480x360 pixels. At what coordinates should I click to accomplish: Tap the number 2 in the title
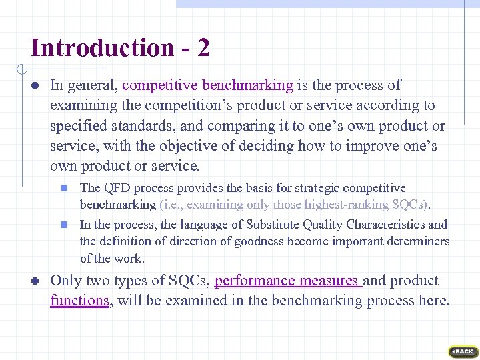click(x=203, y=48)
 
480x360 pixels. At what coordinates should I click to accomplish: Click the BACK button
click(x=462, y=351)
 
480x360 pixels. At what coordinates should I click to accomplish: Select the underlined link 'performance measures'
click(x=288, y=281)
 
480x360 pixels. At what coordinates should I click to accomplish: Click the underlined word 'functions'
click(x=79, y=301)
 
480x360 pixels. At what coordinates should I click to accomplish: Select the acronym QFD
click(x=114, y=189)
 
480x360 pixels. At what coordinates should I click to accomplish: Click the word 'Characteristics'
click(x=382, y=225)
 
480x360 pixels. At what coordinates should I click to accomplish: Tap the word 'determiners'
click(x=420, y=242)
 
